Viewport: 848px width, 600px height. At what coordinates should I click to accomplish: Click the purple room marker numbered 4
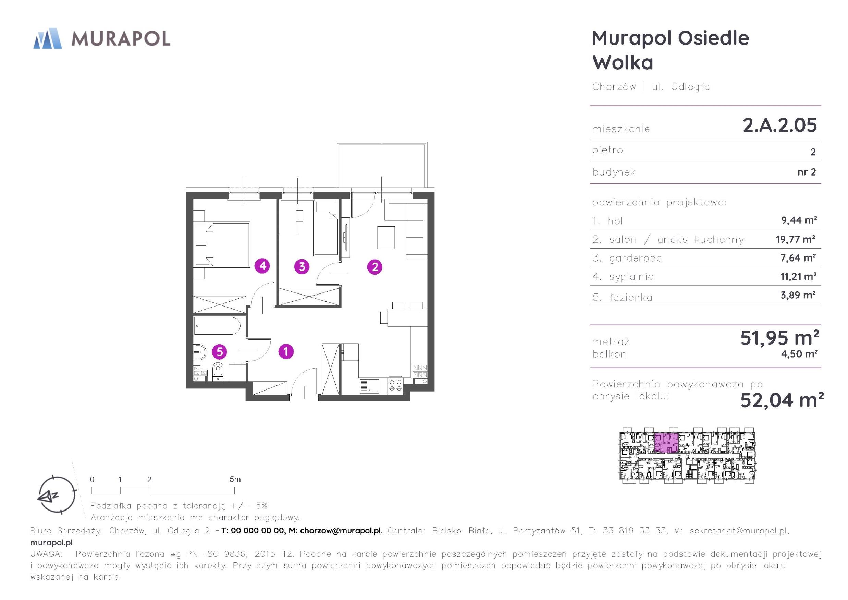[262, 265]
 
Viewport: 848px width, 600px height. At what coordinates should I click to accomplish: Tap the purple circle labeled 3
[302, 266]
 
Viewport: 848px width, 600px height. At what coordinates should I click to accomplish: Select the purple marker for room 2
[375, 266]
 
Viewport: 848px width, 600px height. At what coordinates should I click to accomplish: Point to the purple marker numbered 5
[219, 351]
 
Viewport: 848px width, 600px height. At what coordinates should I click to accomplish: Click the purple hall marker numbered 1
[286, 351]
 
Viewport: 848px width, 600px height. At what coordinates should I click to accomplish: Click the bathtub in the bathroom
[217, 326]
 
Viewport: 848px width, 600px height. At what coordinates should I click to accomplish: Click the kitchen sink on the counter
[369, 386]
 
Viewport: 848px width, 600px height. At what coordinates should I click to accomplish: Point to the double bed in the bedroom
[222, 244]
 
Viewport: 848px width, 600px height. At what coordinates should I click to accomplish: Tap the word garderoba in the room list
[635, 258]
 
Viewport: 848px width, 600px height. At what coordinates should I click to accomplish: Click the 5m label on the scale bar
[235, 479]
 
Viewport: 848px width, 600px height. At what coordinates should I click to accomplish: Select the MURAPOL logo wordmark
[120, 38]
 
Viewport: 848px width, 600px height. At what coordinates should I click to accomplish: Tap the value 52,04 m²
[782, 400]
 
